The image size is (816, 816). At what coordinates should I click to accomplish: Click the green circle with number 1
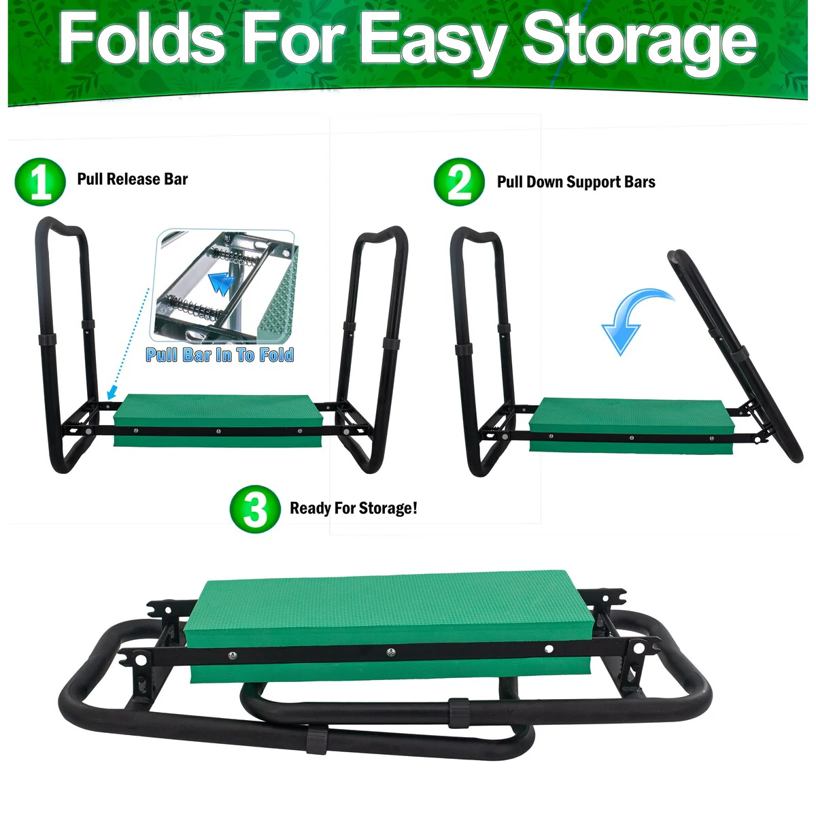(40, 182)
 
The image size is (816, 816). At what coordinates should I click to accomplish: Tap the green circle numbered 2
(460, 182)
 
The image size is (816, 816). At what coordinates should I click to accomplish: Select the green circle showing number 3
(255, 509)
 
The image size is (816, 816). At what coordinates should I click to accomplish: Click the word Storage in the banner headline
(639, 42)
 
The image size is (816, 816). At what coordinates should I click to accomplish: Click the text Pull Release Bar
(133, 179)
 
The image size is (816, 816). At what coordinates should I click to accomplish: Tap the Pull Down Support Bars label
(576, 182)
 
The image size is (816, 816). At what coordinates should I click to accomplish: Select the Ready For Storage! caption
(354, 508)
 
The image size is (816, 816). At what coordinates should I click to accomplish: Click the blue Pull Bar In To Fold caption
(220, 355)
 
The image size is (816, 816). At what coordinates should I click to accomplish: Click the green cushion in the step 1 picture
(218, 420)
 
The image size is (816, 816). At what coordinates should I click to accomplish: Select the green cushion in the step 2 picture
(632, 425)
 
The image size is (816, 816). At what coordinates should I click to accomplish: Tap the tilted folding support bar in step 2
(734, 356)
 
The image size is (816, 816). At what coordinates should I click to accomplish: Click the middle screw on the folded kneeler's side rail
(391, 653)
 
